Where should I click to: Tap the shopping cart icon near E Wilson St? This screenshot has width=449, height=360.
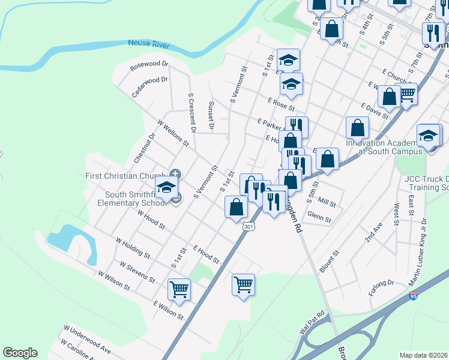click(179, 290)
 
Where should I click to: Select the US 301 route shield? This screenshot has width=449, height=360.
click(249, 226)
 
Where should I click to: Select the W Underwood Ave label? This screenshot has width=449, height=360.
click(87, 339)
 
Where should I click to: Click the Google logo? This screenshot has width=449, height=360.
click(20, 353)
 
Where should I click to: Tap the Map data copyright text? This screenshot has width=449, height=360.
click(423, 355)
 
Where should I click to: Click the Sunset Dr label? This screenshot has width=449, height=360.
click(211, 115)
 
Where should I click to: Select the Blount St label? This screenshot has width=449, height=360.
click(330, 262)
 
